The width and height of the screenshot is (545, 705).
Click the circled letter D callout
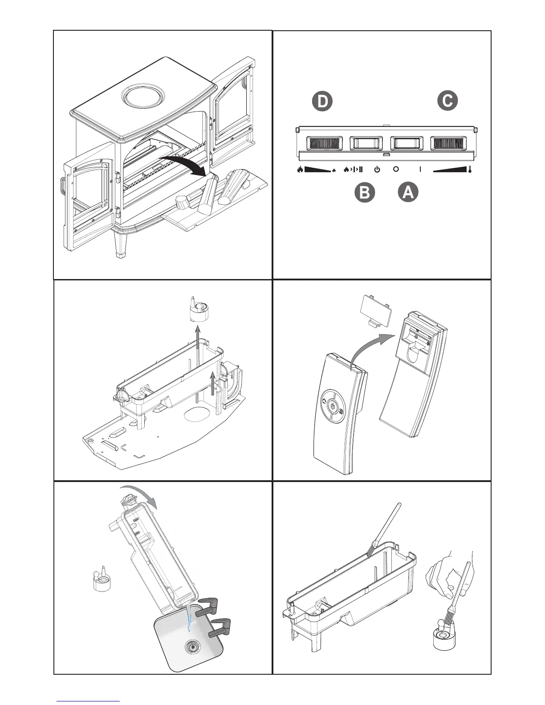[322, 101]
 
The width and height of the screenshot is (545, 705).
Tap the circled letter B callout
[364, 193]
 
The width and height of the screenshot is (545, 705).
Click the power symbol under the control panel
[377, 169]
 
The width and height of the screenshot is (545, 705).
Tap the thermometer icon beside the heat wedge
[469, 169]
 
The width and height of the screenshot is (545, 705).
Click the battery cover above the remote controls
[377, 312]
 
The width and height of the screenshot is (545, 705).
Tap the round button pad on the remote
[332, 408]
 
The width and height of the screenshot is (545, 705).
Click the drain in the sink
[193, 647]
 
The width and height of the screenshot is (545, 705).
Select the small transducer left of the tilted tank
[102, 579]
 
